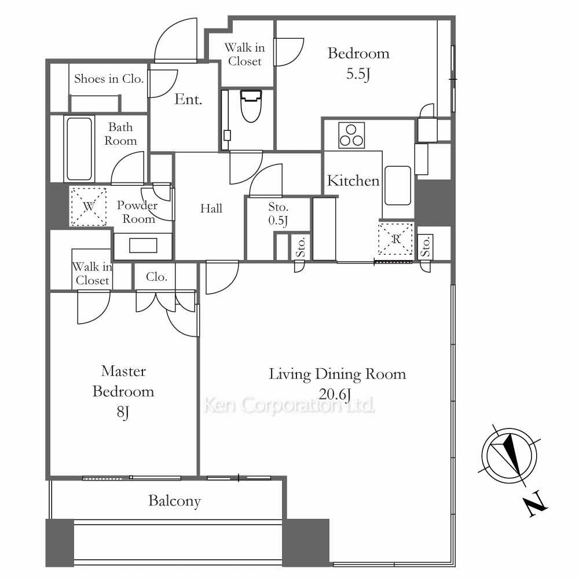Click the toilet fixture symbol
point(251,105)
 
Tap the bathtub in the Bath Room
point(79,149)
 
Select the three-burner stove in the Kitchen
point(351,135)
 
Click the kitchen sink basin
point(398,185)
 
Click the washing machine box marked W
point(89,206)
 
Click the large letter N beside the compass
point(535,504)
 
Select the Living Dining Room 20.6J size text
point(335,394)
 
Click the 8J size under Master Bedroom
point(123,412)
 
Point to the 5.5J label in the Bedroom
point(358,74)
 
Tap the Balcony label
point(175,501)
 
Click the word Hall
point(211,208)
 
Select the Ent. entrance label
point(188,99)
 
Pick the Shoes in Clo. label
point(109,79)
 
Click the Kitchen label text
point(353,181)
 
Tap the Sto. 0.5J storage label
point(278,214)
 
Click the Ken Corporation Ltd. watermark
point(289,405)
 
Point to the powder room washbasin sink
point(143,245)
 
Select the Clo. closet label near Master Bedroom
point(156,277)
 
